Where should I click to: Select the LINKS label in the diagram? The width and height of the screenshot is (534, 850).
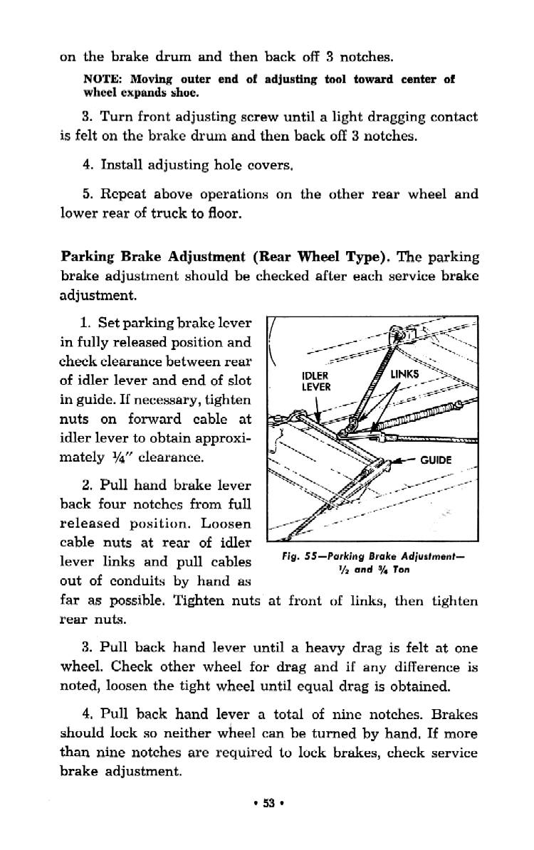[409, 373]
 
